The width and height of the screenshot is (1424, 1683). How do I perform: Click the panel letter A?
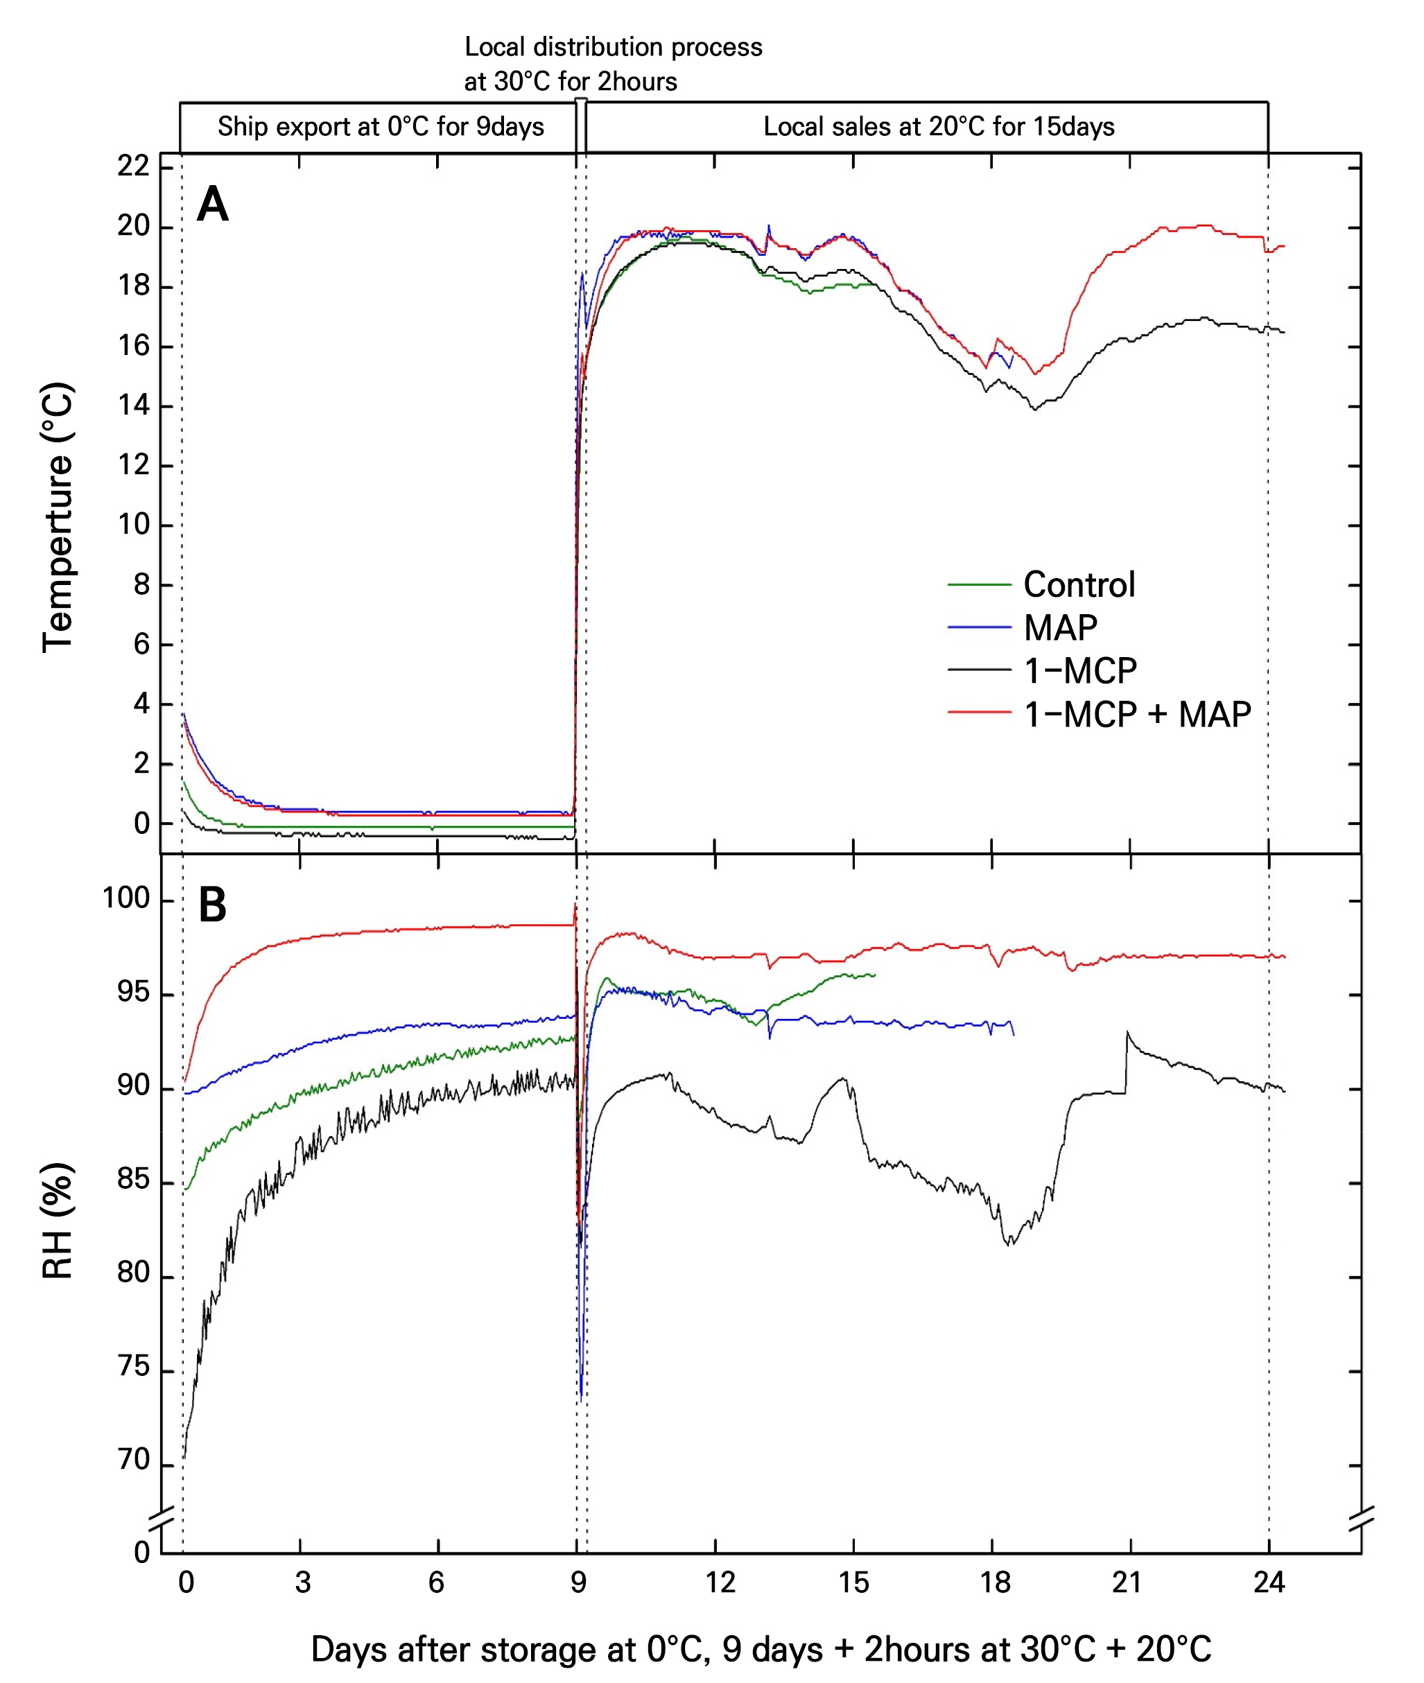point(213,204)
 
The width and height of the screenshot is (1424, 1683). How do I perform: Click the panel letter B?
point(212,905)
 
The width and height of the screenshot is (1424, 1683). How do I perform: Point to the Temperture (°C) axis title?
point(58,517)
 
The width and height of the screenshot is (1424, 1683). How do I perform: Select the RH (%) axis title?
point(58,1221)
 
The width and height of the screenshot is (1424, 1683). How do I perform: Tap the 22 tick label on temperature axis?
point(133,166)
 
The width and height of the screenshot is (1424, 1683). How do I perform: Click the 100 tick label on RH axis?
point(126,898)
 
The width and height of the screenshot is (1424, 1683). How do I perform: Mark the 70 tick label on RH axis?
point(133,1459)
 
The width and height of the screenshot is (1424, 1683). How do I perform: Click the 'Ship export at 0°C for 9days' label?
point(380,127)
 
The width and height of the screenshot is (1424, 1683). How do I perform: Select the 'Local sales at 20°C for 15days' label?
point(939,127)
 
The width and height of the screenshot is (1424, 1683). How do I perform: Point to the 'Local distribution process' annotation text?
point(613,48)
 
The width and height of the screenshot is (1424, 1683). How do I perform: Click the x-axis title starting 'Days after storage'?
point(761,1650)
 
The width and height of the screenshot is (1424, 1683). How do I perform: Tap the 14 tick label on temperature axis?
point(133,406)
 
